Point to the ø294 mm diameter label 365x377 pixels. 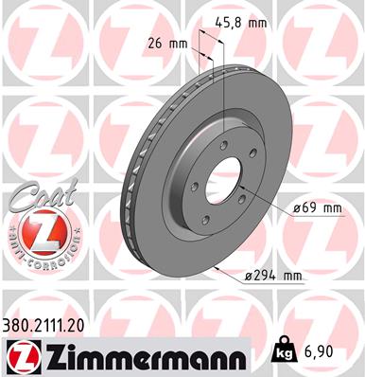[x=270, y=276]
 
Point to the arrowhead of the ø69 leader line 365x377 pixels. [x=244, y=194]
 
